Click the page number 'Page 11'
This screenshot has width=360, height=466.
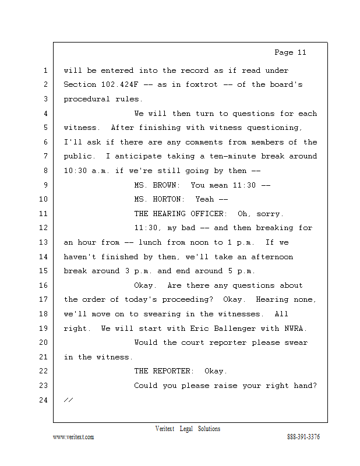[290, 52]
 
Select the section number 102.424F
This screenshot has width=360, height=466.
[120, 85]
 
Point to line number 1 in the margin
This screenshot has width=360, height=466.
[46, 71]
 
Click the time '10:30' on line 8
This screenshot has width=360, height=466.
[75, 171]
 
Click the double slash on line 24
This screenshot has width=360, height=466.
[68, 400]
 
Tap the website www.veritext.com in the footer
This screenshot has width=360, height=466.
[73, 437]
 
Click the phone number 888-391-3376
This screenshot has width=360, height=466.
[303, 437]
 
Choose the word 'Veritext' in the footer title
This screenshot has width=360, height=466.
[165, 429]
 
